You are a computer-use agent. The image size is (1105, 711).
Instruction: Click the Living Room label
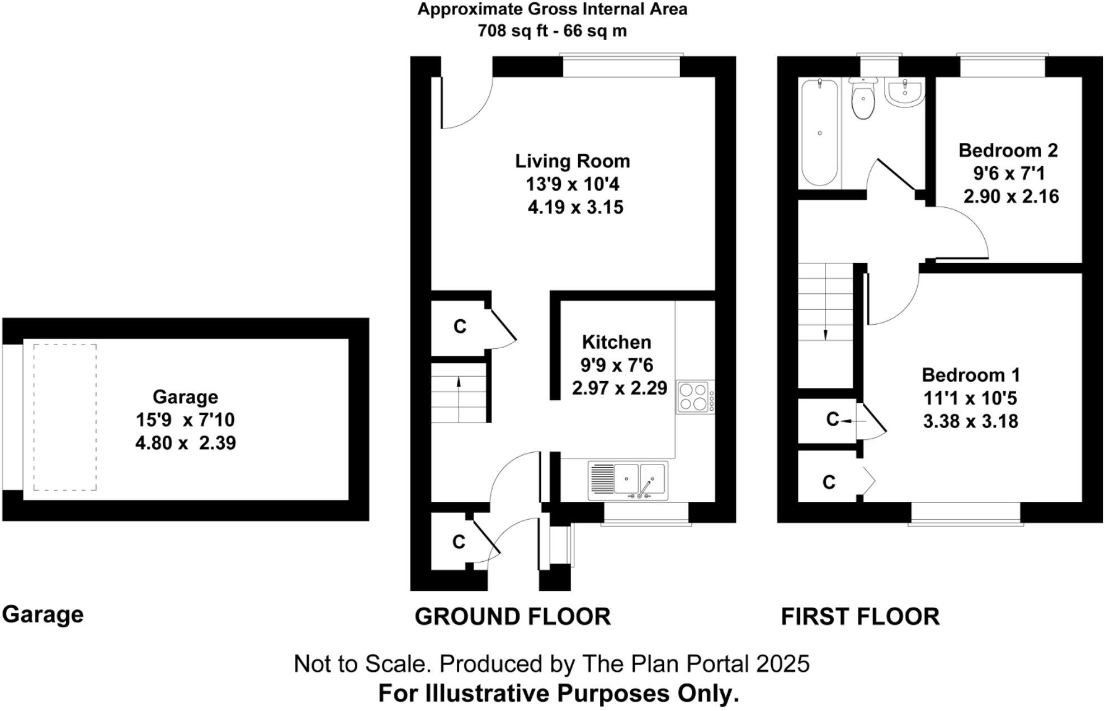click(572, 161)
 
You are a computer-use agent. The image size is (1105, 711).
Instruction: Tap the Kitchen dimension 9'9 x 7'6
click(616, 365)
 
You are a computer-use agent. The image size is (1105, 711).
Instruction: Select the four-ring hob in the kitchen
click(693, 397)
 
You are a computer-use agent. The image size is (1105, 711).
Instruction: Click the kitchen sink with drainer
click(627, 480)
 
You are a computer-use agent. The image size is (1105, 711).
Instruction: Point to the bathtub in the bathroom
click(819, 132)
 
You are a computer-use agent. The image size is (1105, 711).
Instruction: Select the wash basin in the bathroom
click(904, 93)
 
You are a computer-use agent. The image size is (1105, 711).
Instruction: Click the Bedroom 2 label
click(1008, 150)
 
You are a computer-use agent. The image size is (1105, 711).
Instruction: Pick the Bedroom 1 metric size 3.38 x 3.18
click(970, 421)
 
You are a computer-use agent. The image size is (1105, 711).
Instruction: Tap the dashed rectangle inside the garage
click(65, 417)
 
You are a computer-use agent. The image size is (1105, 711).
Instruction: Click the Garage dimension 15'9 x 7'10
click(185, 420)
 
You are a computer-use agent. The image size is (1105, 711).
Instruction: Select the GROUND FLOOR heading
click(512, 617)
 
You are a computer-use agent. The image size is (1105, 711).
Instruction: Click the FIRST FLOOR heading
click(860, 617)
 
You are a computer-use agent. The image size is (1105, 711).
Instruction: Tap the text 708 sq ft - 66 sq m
click(552, 31)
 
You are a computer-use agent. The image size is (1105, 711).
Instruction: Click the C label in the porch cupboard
click(459, 541)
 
